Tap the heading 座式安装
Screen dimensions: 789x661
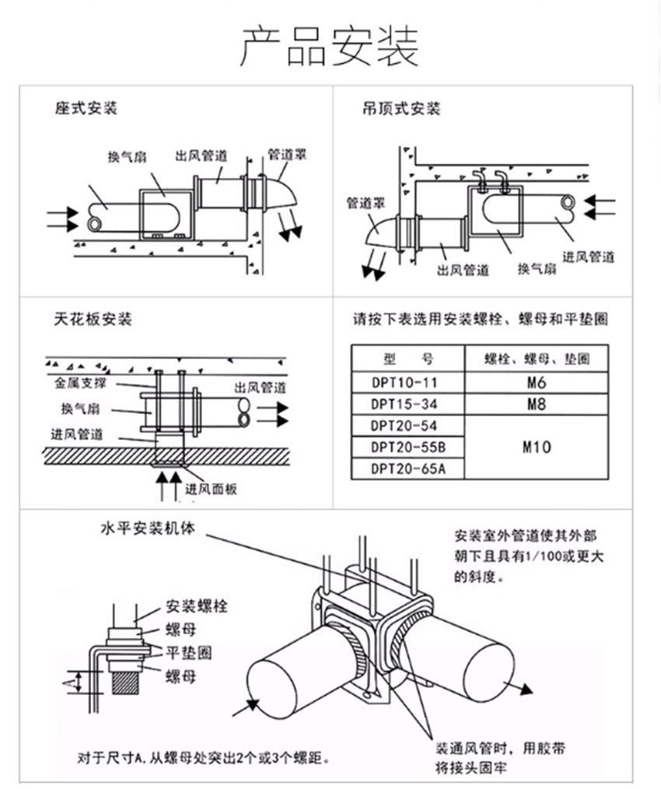coord(86,108)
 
